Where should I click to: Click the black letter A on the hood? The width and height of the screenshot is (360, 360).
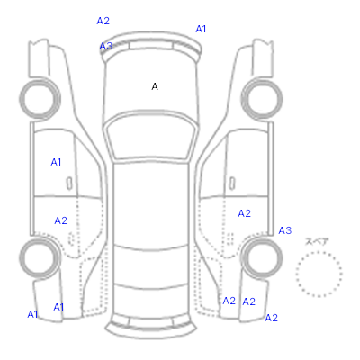(155, 86)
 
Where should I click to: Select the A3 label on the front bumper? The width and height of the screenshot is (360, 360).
(106, 46)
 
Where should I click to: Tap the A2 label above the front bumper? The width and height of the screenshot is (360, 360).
(103, 21)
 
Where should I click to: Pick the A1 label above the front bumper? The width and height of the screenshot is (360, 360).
(201, 29)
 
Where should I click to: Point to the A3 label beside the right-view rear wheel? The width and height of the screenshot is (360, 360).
(285, 230)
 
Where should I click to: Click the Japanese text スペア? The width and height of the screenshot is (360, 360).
(317, 241)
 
